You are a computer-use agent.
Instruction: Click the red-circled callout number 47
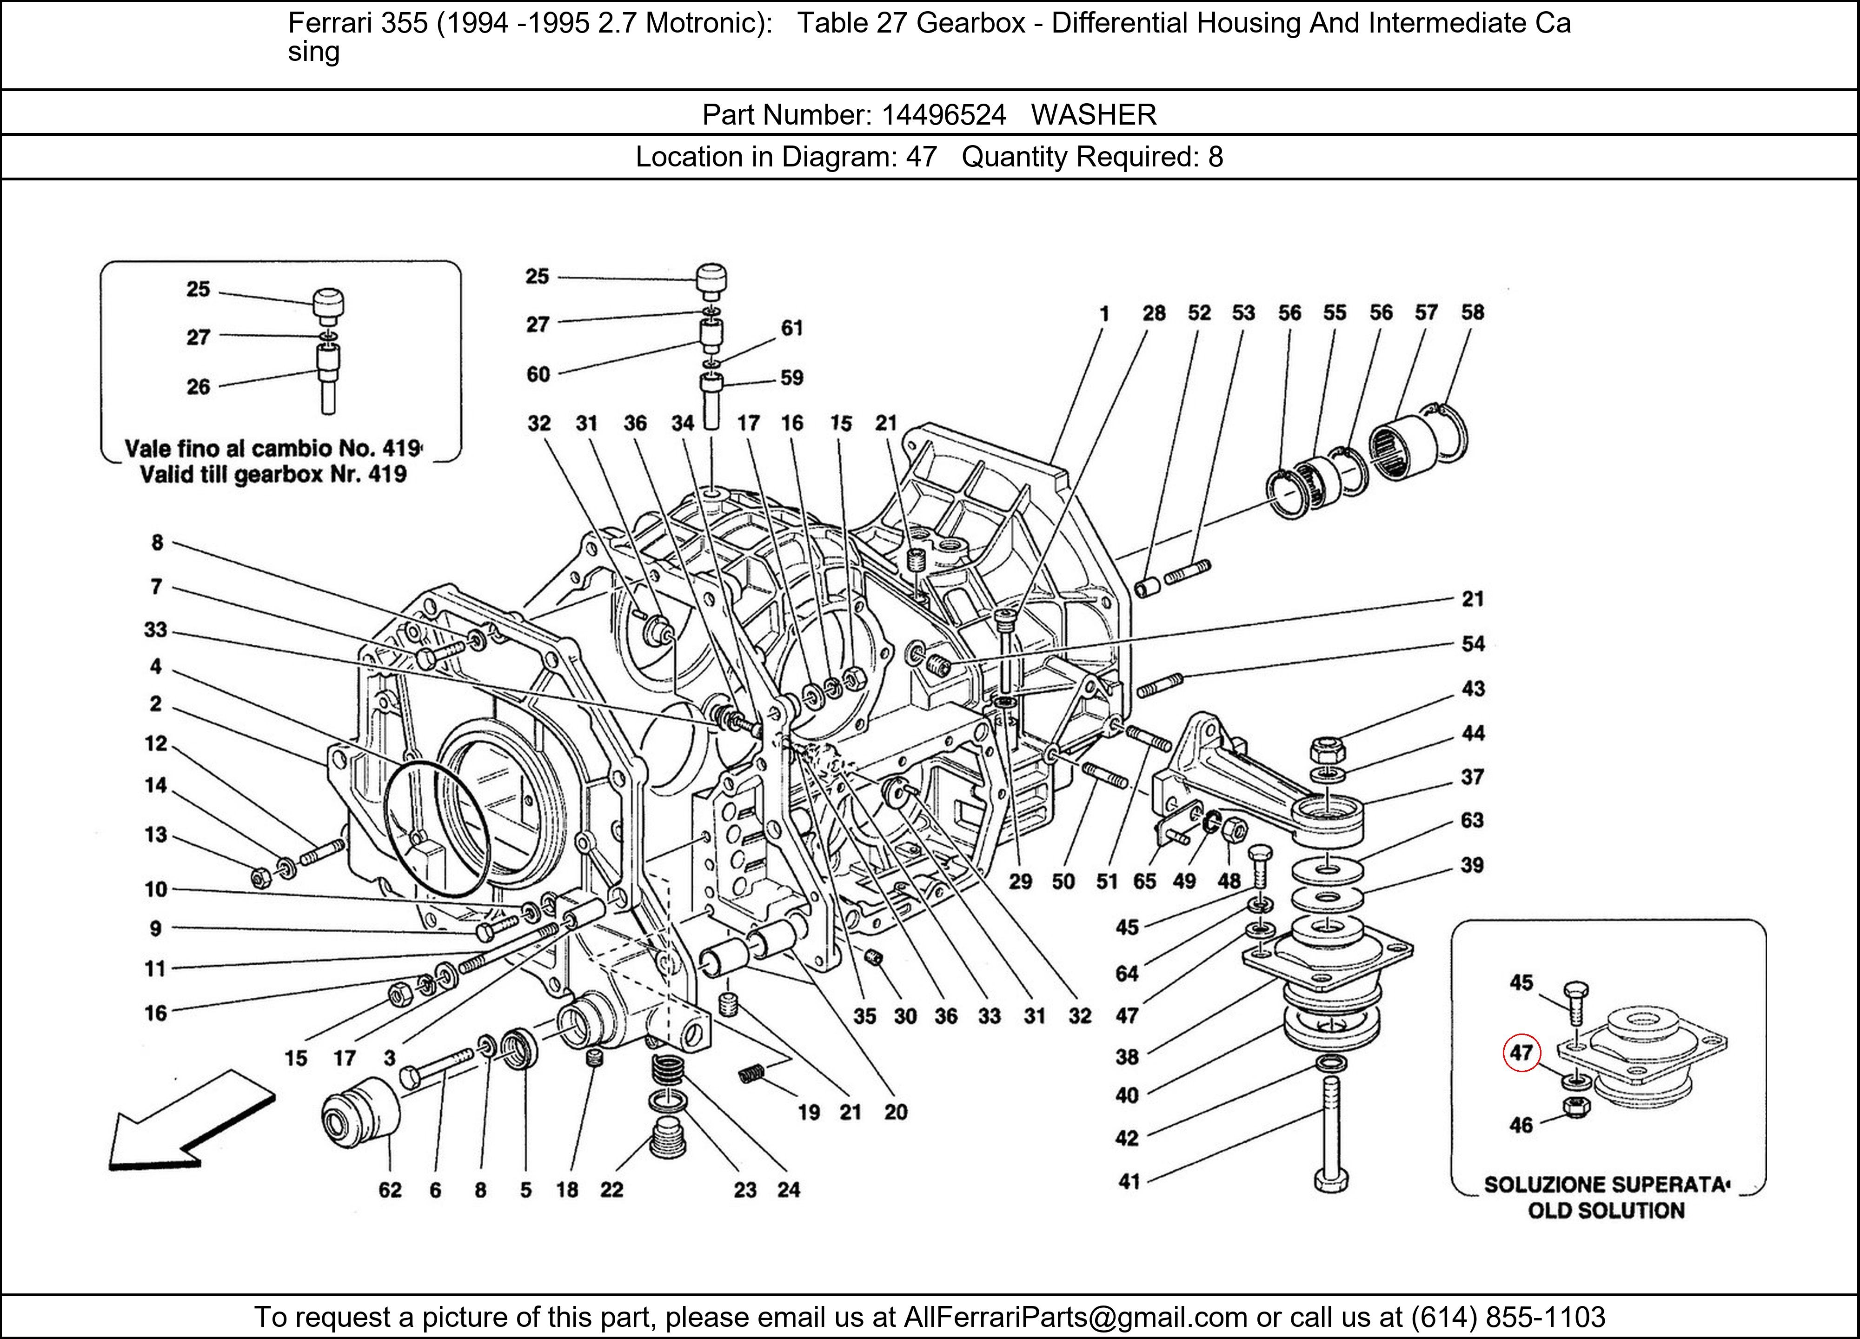click(x=1521, y=1053)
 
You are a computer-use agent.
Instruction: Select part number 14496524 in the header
click(x=943, y=115)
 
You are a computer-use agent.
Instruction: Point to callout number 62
click(x=391, y=1190)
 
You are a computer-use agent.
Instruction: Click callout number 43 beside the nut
click(x=1473, y=689)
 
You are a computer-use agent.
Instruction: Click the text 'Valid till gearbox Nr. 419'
click(x=273, y=475)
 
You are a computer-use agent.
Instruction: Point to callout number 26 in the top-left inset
click(x=199, y=387)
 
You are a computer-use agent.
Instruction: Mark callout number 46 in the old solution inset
click(x=1521, y=1125)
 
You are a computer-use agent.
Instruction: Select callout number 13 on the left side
click(x=156, y=835)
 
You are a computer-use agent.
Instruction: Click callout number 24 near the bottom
click(x=789, y=1190)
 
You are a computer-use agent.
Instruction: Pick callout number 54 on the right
click(x=1473, y=643)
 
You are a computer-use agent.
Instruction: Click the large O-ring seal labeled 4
click(x=436, y=828)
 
